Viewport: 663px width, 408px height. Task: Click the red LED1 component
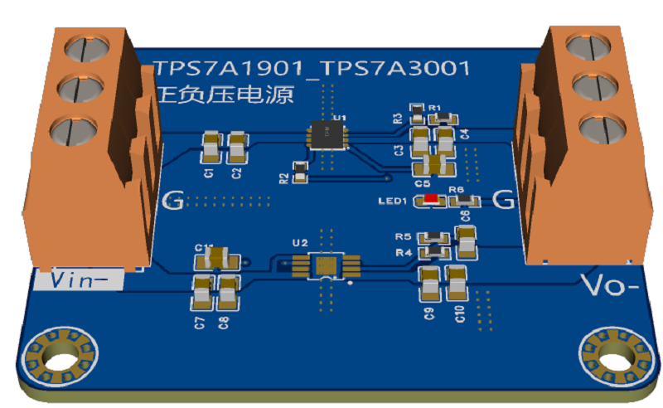click(431, 199)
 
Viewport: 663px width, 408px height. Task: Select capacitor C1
click(211, 148)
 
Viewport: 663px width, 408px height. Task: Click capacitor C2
click(238, 148)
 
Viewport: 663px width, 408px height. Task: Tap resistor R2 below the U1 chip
click(300, 171)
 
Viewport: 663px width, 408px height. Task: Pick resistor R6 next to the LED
click(463, 201)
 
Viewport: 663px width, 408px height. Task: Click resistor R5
click(435, 236)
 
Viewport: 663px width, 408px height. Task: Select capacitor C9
click(429, 284)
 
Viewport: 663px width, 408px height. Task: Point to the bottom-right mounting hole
click(615, 357)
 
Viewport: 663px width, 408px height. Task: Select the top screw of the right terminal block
click(586, 42)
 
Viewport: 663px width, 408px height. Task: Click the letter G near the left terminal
click(172, 200)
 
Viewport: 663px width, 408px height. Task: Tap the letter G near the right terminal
click(502, 199)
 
